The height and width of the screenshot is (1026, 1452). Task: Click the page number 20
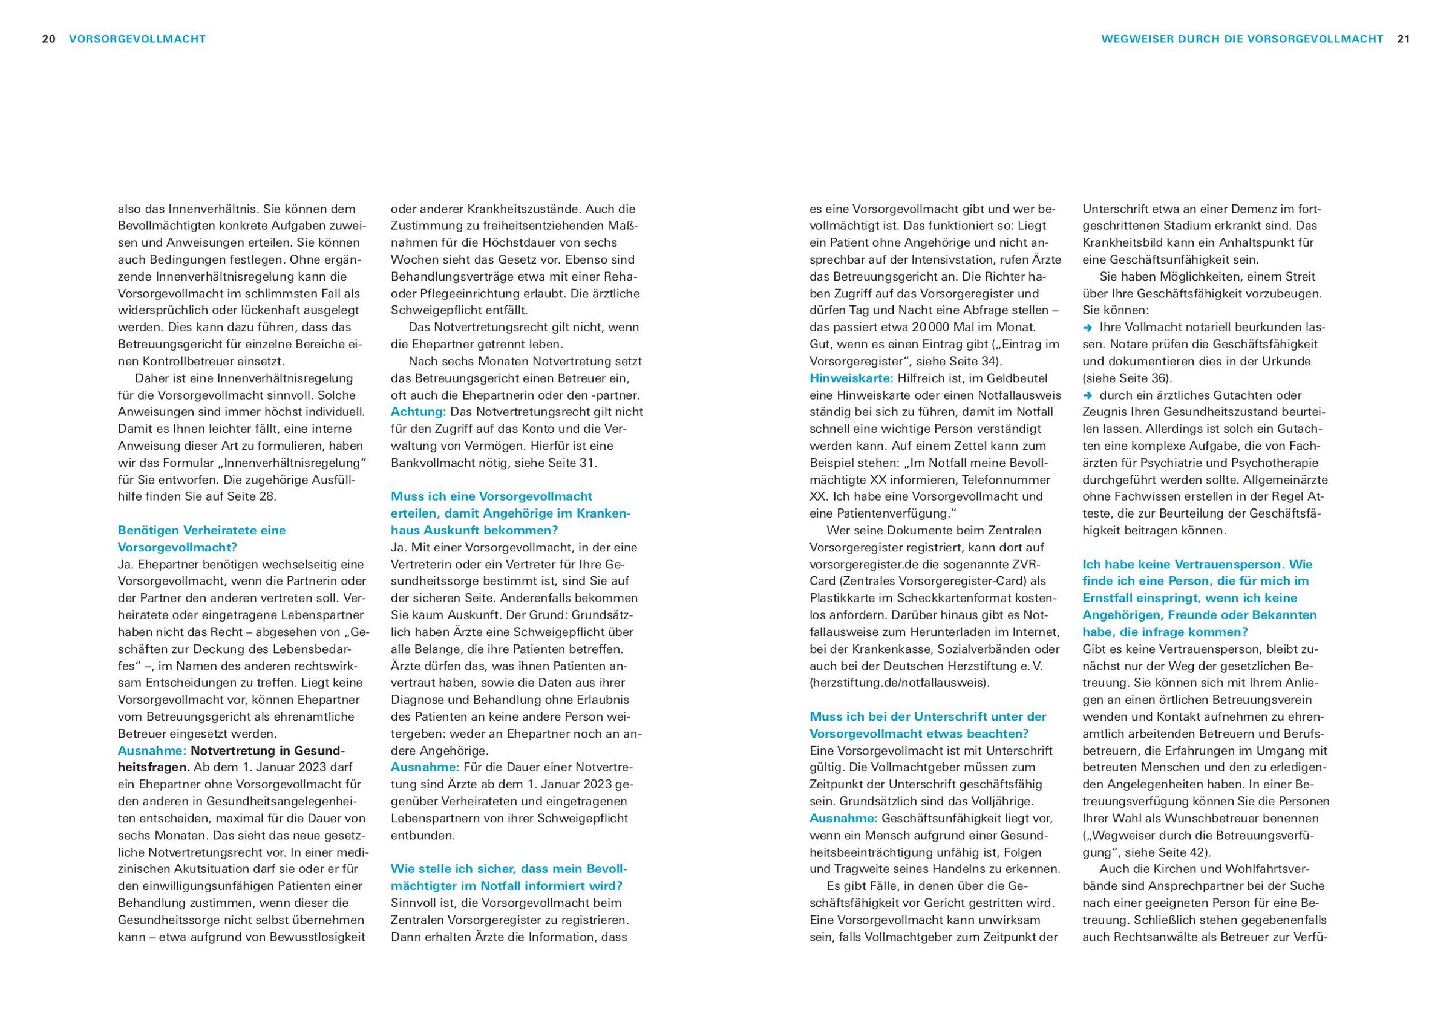point(48,39)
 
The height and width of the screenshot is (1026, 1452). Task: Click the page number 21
point(1404,39)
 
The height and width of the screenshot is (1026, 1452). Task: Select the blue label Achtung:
point(418,412)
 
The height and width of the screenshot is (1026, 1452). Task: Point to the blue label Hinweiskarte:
point(851,378)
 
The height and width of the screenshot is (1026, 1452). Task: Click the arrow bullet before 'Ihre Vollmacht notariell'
point(1088,328)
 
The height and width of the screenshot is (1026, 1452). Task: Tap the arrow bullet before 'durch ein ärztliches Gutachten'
point(1088,395)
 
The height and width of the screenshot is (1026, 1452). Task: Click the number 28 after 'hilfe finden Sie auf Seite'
point(267,496)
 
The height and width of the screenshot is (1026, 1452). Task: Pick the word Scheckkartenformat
point(935,597)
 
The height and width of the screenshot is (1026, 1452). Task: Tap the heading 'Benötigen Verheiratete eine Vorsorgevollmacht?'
point(201,539)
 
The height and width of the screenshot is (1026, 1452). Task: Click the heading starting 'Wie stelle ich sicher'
point(508,877)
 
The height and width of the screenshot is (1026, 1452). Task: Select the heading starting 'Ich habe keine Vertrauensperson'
point(1199,597)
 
